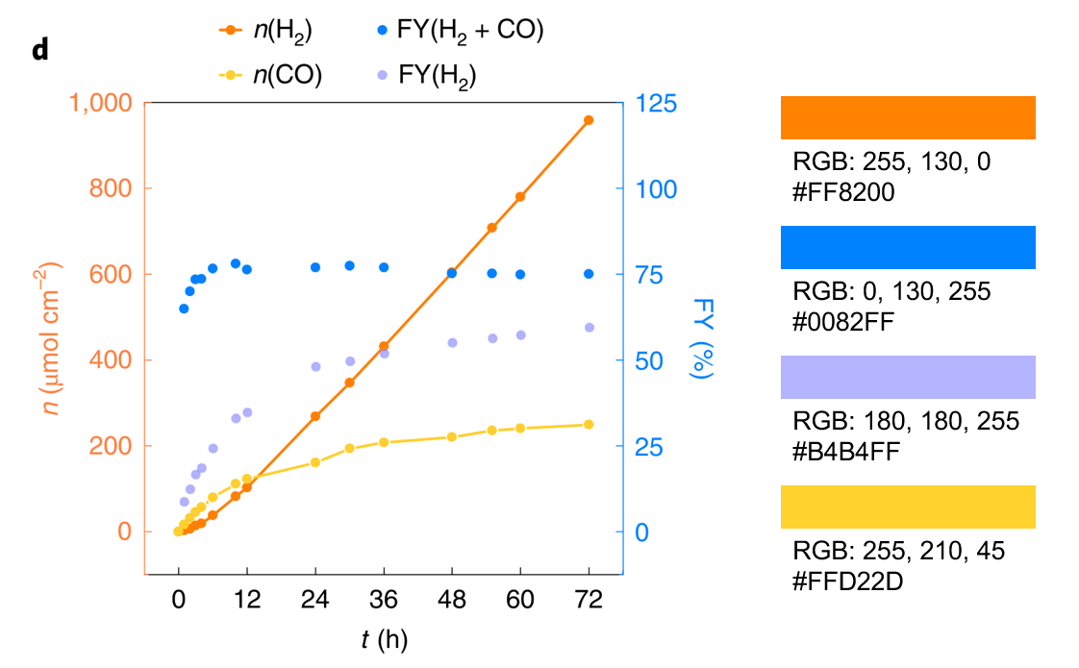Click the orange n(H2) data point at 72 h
[x=589, y=120]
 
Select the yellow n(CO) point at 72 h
[x=589, y=425]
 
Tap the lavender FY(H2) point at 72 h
[x=589, y=328]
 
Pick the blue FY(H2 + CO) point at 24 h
[x=315, y=267]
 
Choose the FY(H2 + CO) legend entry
[x=461, y=31]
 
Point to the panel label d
[x=39, y=50]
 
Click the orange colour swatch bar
[x=907, y=117]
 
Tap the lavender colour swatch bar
[x=907, y=377]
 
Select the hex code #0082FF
[x=843, y=322]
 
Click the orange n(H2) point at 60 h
[x=520, y=197]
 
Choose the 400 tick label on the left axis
[x=113, y=360]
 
